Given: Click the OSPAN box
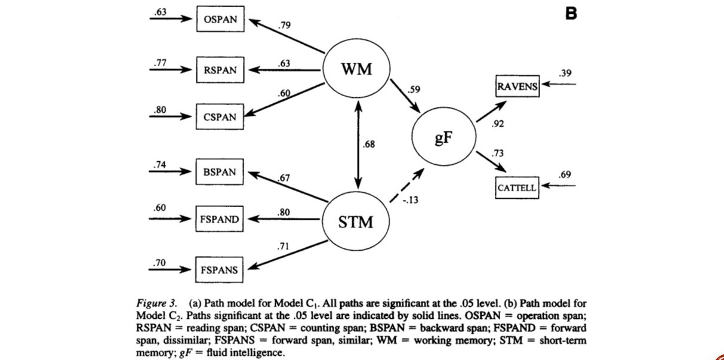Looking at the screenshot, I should click(x=220, y=20).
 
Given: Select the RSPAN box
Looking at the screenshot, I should click(x=220, y=70).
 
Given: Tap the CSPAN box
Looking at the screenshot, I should click(x=220, y=117).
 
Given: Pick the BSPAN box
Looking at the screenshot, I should click(x=220, y=173).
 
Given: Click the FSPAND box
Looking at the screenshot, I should click(x=220, y=220).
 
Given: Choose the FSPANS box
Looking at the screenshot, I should click(x=220, y=270).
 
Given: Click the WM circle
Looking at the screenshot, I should click(x=356, y=69).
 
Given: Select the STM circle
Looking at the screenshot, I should click(x=356, y=223).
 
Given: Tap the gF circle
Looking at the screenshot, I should click(x=443, y=139).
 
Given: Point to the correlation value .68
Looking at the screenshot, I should click(x=369, y=144).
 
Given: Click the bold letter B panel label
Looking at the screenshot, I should click(x=571, y=13).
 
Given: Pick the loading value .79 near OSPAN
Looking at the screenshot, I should click(x=285, y=26).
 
